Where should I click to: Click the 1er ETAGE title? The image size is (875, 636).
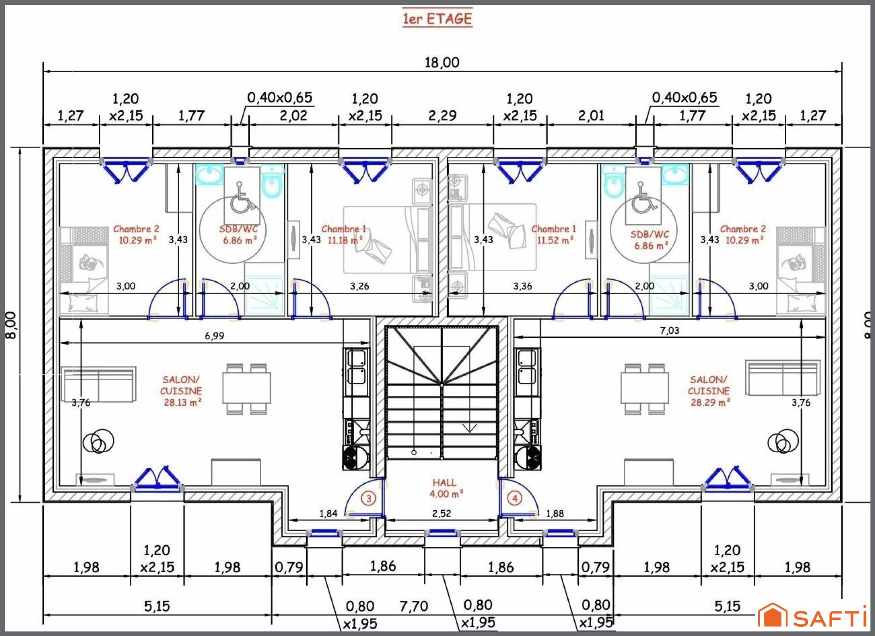point(437,19)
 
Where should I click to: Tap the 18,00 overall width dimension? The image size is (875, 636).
point(442,62)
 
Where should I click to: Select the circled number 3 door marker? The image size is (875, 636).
point(369,498)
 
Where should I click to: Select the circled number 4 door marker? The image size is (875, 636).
point(515,498)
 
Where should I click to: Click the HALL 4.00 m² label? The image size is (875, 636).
point(446,488)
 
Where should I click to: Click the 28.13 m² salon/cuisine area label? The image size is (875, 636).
point(181,391)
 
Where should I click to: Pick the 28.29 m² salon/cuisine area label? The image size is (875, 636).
point(709,391)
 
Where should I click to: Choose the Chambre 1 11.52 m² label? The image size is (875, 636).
point(554,234)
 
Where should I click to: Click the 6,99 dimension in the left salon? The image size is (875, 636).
point(215,336)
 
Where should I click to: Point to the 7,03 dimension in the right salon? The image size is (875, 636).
point(669,330)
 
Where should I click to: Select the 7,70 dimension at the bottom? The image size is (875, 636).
point(414,606)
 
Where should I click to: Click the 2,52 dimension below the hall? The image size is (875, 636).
point(442,513)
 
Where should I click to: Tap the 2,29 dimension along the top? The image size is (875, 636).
point(442,115)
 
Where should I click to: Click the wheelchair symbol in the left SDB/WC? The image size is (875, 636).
point(241,198)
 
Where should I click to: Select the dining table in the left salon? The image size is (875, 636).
point(247,389)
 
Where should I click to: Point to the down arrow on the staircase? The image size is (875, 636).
point(469,428)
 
